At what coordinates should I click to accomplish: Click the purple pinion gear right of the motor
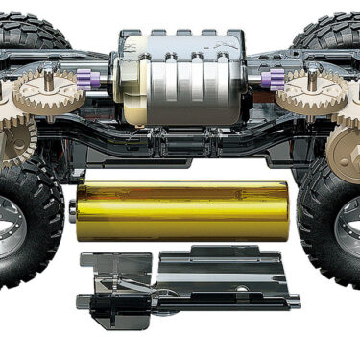pos(277,81)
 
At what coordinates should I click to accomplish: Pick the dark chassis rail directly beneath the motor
pos(182,144)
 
